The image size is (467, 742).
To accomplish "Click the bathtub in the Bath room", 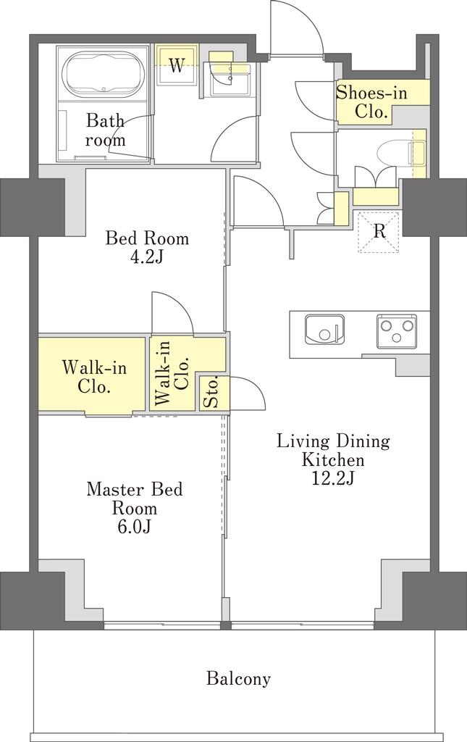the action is point(104,73).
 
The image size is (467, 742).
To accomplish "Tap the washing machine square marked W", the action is point(177,65).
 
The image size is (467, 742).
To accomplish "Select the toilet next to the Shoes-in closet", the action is point(401,153).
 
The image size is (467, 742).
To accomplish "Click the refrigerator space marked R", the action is point(379,232).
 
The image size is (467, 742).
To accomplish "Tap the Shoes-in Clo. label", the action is point(371,101).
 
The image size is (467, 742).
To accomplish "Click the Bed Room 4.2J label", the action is point(147,246).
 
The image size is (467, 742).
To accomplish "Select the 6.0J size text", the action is point(134,527).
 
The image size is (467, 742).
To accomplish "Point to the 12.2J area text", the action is point(333,478).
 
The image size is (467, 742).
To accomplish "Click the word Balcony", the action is point(238,679).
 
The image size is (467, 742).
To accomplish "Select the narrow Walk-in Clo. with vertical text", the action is point(173,373).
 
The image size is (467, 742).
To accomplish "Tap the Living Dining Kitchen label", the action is point(333,450).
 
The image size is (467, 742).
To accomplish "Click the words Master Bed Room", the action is point(135,499).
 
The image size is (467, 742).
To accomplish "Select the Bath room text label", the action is point(106,130).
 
